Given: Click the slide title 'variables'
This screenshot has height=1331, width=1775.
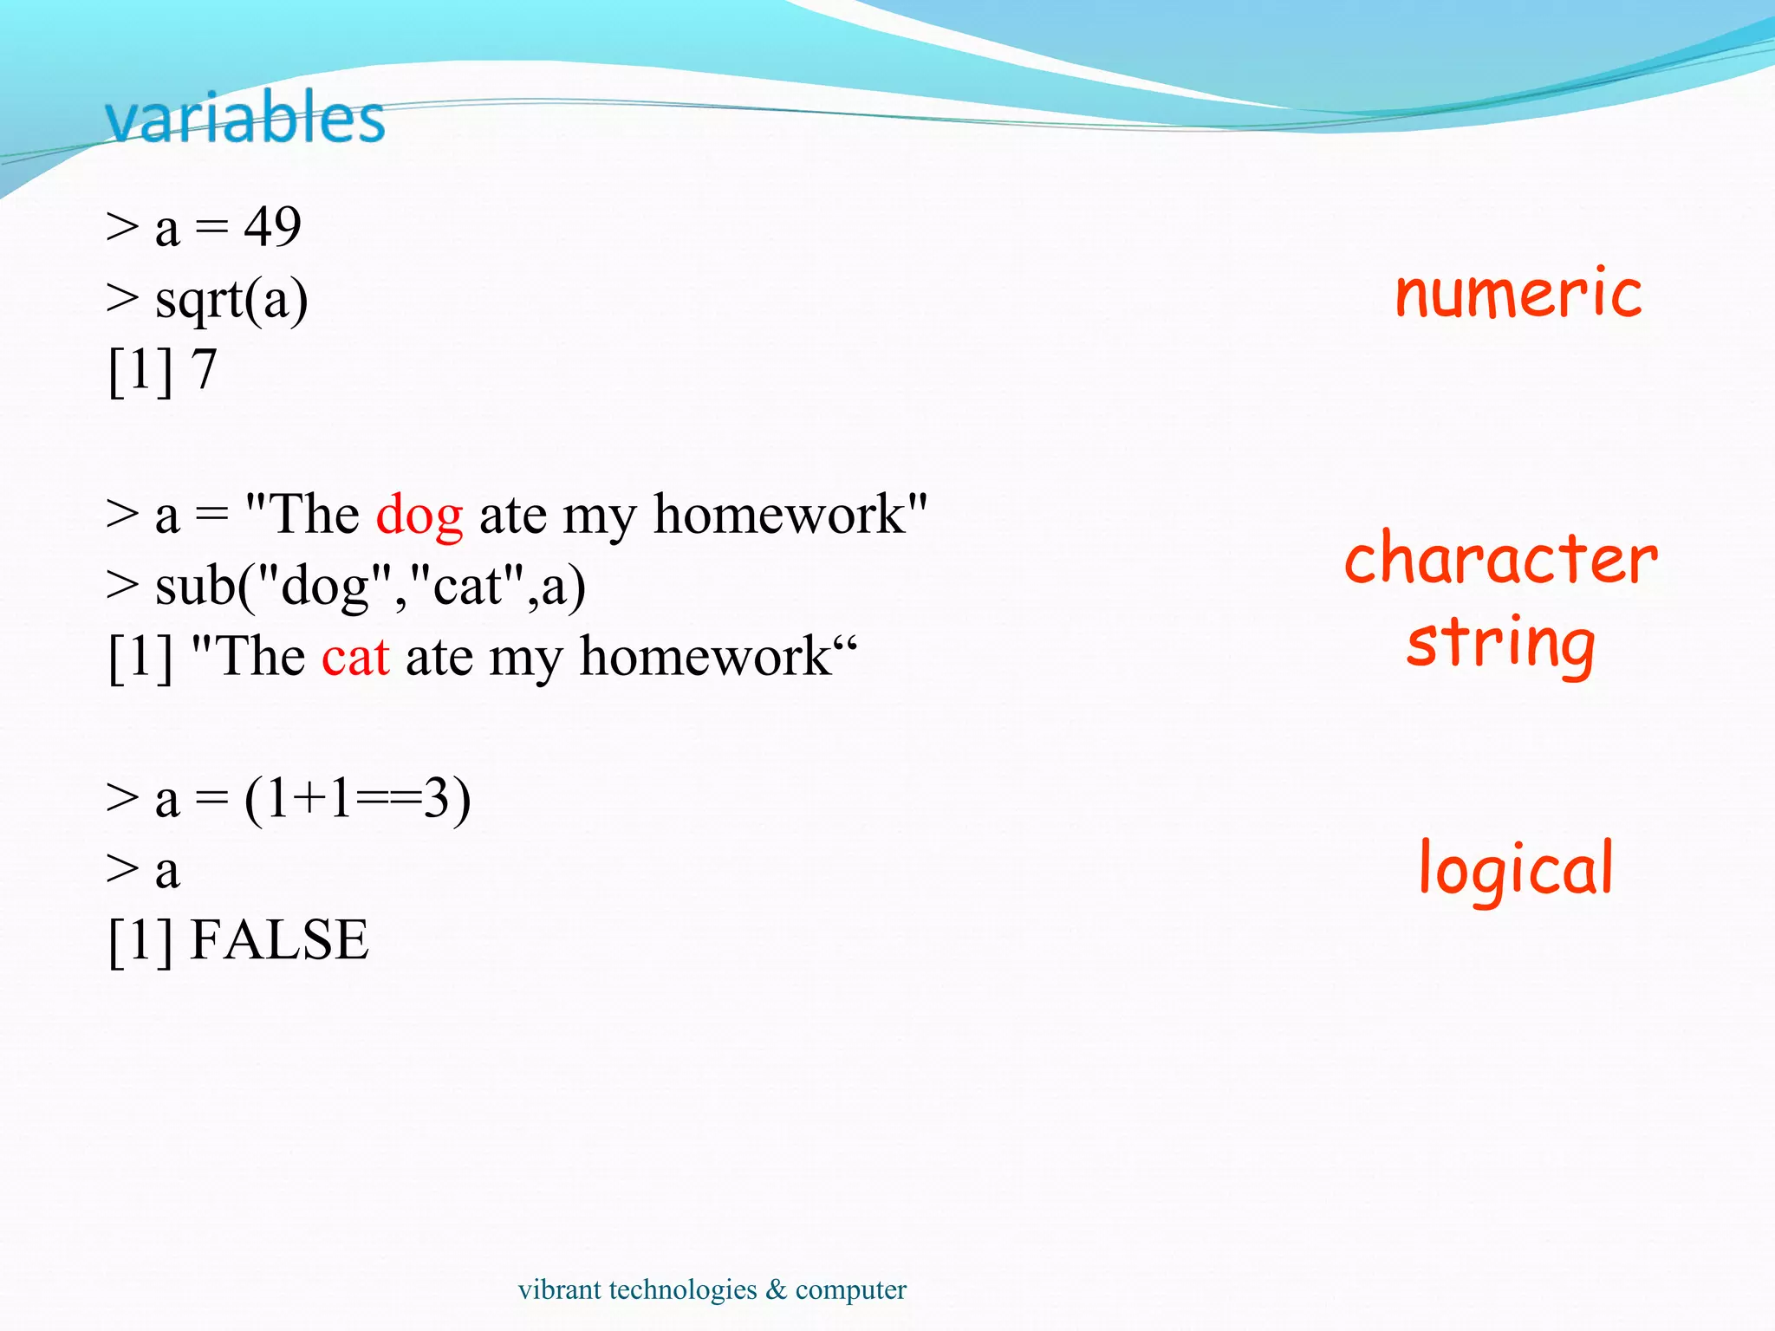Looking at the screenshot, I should click(x=245, y=119).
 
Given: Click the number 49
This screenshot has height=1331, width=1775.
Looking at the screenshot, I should click(x=272, y=227).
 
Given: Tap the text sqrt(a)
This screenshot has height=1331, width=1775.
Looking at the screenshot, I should click(x=231, y=301).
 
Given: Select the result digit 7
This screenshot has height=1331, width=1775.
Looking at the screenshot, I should click(x=204, y=370).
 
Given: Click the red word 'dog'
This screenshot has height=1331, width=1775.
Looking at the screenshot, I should click(x=419, y=515).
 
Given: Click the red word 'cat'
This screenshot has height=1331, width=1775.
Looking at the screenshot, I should click(x=355, y=657).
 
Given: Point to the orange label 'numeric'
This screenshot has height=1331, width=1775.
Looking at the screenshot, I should click(x=1518, y=295).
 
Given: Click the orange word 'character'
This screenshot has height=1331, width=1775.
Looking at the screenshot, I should click(x=1500, y=560).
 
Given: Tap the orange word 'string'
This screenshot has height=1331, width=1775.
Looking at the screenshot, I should click(x=1500, y=643).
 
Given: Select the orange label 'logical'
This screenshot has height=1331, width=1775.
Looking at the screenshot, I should click(x=1516, y=869).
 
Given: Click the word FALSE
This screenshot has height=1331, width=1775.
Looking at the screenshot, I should click(x=279, y=940).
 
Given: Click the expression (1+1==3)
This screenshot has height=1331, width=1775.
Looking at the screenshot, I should click(x=357, y=799).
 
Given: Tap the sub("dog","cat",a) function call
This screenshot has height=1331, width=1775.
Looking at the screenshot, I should click(x=370, y=587).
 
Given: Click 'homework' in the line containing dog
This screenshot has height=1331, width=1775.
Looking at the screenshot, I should click(x=778, y=515).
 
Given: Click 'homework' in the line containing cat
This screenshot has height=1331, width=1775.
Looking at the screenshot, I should click(x=705, y=657).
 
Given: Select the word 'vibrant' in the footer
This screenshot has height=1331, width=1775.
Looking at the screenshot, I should click(x=559, y=1289).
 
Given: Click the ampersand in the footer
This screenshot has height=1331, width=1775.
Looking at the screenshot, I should click(x=776, y=1289).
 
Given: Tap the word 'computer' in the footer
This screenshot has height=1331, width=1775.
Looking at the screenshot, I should click(x=850, y=1290).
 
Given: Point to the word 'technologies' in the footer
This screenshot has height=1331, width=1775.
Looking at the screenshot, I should click(x=683, y=1290).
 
